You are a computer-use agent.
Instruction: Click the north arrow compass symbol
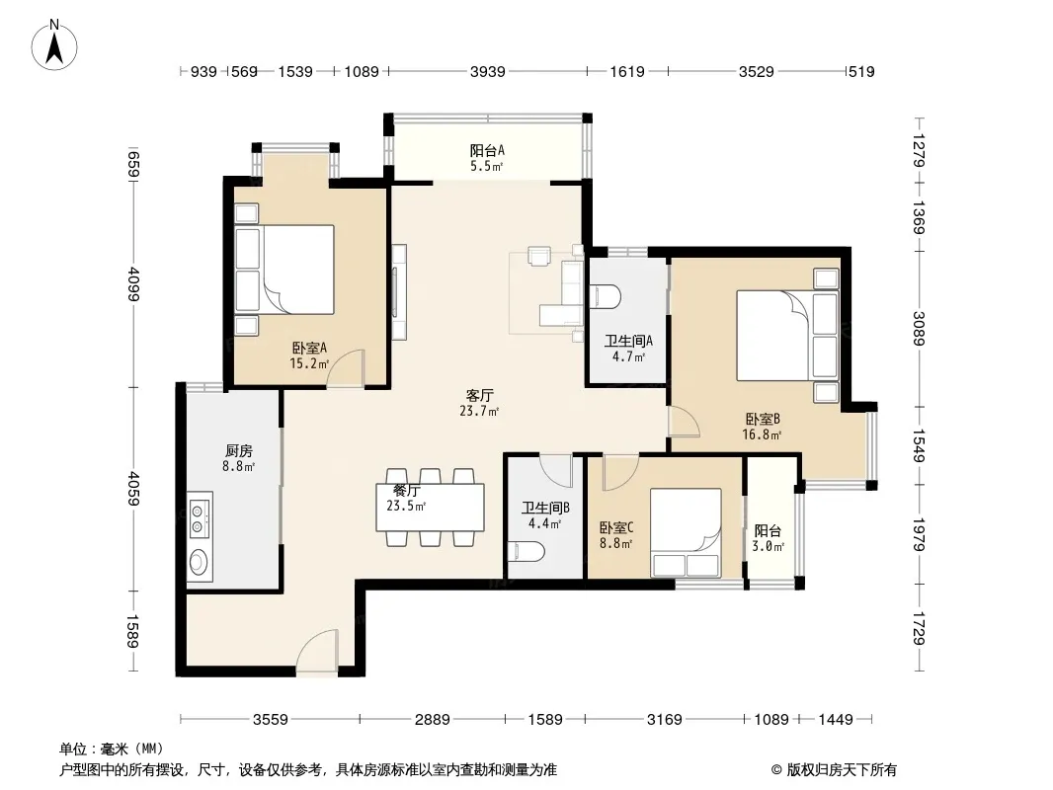54,45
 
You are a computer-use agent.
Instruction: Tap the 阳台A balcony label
487,151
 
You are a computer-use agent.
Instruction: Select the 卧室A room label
309,349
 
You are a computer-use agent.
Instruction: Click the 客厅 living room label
479,395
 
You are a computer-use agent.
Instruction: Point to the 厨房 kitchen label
238,450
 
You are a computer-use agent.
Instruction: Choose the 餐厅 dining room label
406,492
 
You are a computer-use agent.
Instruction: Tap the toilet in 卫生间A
606,296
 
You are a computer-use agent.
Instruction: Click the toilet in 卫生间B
526,552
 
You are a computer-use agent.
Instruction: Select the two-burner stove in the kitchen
200,518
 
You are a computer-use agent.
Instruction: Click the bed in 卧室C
685,533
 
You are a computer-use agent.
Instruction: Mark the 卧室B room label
763,420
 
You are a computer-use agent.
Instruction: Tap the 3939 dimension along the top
487,71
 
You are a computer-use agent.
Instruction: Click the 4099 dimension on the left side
133,283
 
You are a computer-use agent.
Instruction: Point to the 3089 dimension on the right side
919,329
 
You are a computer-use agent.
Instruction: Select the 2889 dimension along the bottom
432,720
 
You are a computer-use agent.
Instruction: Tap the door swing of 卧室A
345,367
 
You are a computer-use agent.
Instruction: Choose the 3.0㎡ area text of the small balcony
768,546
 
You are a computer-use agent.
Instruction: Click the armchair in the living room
538,256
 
